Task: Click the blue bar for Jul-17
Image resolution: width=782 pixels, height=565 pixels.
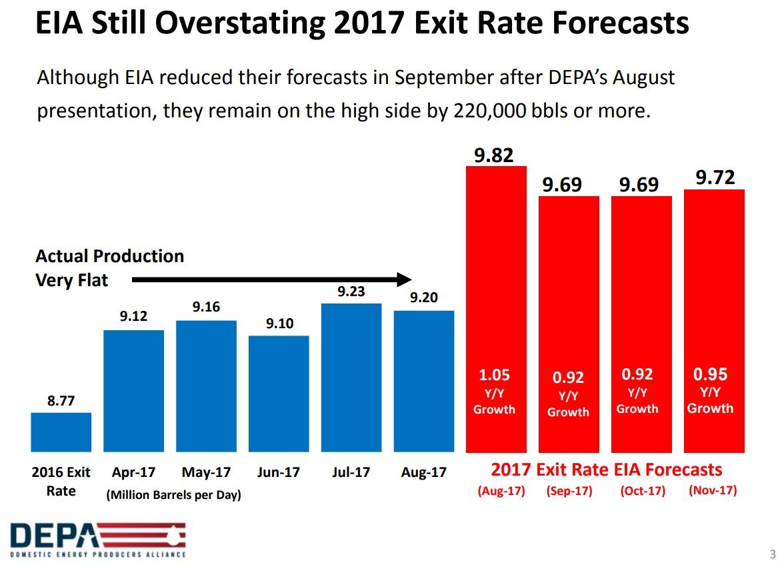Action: coord(351,377)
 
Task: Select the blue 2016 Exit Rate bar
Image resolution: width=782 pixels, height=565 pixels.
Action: coord(61,432)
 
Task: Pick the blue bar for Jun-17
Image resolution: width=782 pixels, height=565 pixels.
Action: coord(278,393)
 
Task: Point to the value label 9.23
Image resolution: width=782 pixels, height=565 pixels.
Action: coord(351,292)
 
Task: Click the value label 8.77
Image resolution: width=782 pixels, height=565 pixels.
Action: coord(61,402)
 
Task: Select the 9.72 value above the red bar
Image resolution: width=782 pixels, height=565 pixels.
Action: coord(715,177)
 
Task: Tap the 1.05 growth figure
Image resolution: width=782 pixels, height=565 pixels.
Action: coord(495,375)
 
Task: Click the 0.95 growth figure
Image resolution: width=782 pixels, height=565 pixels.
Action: coord(710,374)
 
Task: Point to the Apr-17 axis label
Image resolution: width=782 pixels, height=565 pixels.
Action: coord(133,472)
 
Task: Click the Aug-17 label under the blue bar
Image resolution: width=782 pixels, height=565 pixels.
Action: coord(423,472)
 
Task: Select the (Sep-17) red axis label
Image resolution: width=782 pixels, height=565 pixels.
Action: coord(569,492)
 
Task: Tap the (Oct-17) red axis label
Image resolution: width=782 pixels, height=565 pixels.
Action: coord(643,492)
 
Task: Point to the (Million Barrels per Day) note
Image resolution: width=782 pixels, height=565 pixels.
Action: coord(173,496)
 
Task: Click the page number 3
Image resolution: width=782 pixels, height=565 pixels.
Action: coord(773,554)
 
